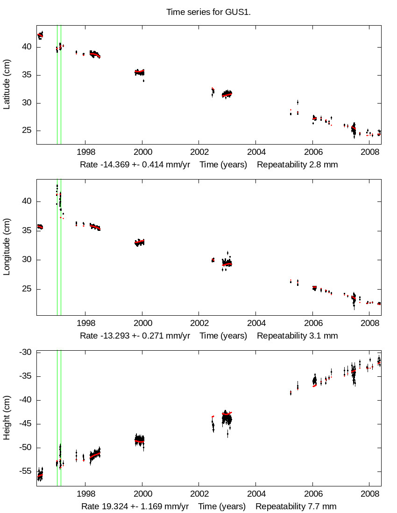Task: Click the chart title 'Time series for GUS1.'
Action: tap(208, 12)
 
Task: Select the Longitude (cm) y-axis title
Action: tap(7, 247)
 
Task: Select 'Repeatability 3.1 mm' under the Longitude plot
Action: tap(297, 336)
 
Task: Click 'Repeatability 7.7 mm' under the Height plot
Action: tap(296, 506)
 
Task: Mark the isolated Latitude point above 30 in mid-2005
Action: tap(298, 102)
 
